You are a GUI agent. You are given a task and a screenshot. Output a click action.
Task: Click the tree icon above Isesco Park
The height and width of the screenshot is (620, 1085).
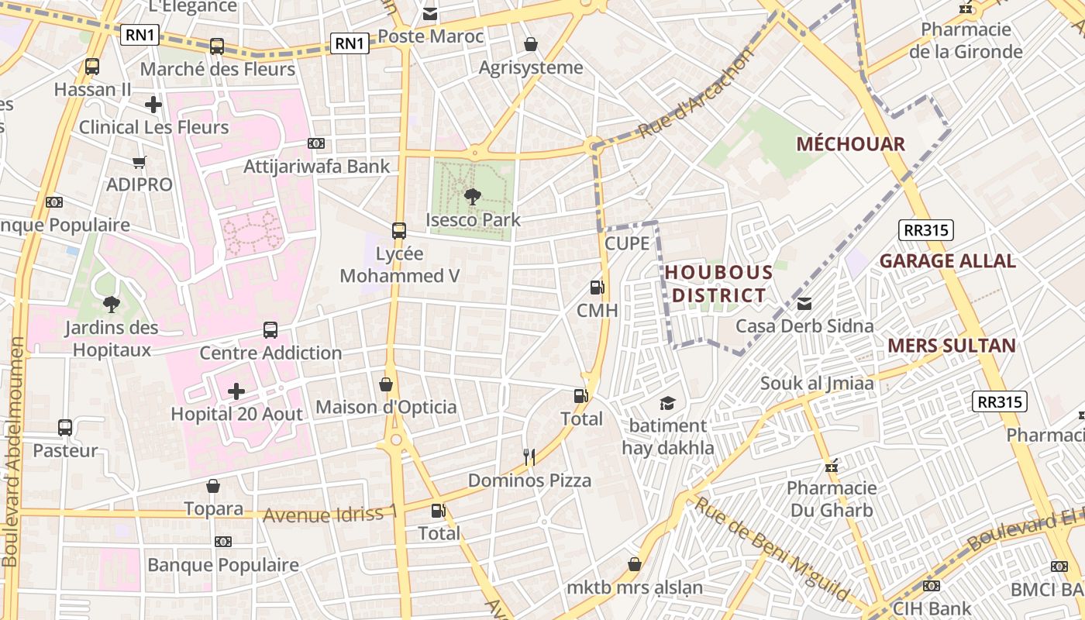(x=472, y=197)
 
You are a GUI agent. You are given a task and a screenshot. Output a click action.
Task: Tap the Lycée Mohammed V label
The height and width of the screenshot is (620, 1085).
(x=400, y=265)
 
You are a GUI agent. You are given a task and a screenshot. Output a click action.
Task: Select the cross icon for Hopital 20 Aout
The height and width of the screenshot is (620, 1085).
(x=236, y=391)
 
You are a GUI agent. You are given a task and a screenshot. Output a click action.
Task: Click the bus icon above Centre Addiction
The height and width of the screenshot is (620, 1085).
(x=270, y=330)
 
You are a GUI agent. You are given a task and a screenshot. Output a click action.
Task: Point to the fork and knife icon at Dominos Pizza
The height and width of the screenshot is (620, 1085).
(x=529, y=457)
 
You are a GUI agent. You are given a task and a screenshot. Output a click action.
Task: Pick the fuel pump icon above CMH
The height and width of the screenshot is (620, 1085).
(x=597, y=288)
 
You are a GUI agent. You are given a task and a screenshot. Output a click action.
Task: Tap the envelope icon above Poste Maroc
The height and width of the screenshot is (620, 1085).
(x=430, y=14)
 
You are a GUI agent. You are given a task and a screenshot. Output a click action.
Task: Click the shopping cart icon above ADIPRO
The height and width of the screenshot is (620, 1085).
(x=139, y=162)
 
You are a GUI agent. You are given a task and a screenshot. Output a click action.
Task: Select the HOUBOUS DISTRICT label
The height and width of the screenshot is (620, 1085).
(x=718, y=284)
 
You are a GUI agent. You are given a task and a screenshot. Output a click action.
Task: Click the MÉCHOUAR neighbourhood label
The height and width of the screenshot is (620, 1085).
(x=850, y=144)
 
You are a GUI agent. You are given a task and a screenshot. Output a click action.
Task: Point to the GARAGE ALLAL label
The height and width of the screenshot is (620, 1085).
(x=947, y=261)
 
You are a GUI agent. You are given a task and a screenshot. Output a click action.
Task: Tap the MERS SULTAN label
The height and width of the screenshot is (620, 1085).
(x=951, y=346)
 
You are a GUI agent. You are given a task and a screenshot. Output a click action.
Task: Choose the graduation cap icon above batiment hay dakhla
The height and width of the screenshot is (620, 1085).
(x=667, y=403)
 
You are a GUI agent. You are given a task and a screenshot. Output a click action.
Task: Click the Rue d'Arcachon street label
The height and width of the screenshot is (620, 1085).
(x=695, y=95)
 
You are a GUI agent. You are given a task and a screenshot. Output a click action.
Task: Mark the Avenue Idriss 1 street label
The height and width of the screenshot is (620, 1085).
(x=330, y=514)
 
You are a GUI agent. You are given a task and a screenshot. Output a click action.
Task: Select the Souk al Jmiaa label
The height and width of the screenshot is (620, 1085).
(x=817, y=383)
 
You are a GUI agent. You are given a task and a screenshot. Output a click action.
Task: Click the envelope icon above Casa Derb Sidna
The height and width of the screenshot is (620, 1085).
(x=804, y=304)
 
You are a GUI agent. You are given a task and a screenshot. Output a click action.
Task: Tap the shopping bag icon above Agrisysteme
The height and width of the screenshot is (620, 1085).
(x=531, y=44)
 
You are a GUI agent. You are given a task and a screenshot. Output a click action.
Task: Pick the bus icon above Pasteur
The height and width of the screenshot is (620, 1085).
(x=65, y=428)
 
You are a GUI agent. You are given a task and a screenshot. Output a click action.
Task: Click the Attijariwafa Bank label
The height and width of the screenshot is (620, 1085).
(x=317, y=167)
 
